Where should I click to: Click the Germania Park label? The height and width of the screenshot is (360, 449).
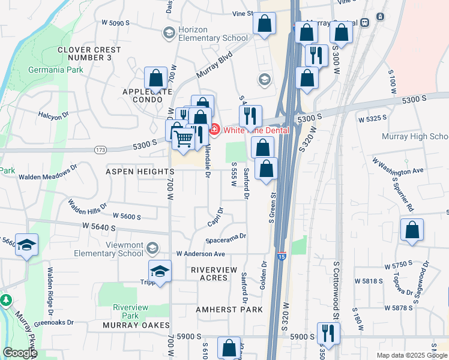(55, 70)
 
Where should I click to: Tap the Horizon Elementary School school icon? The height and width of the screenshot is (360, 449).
(169, 32)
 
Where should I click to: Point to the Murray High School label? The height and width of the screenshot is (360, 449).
(415, 136)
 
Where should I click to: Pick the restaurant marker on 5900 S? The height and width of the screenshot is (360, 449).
(328, 332)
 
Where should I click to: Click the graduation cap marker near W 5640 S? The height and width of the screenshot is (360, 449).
(27, 245)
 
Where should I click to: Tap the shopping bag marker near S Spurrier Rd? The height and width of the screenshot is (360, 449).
(412, 230)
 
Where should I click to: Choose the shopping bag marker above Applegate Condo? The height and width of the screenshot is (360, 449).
(156, 79)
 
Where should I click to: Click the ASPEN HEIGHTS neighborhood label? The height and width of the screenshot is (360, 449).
(140, 172)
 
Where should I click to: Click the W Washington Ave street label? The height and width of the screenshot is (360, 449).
(397, 166)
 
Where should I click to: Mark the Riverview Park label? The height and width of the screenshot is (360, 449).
(130, 311)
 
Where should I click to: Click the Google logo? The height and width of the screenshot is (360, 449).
(20, 353)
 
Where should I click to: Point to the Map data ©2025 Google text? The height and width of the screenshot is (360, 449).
(411, 355)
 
